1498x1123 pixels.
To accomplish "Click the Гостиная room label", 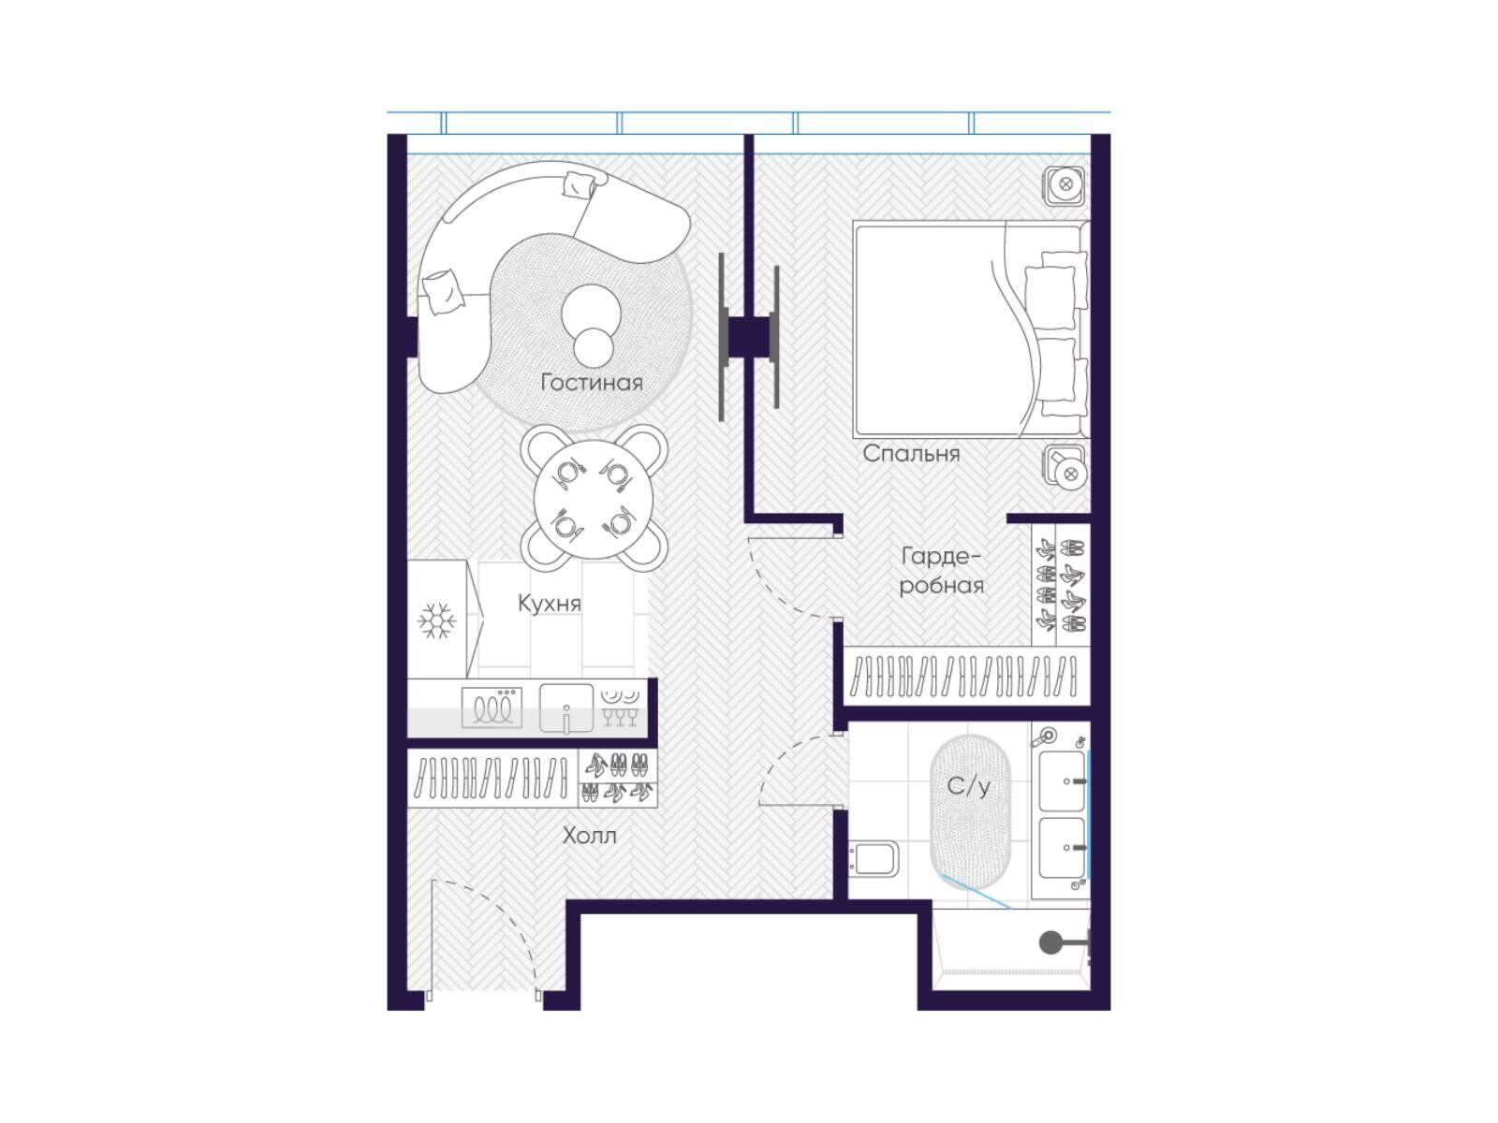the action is (591, 382).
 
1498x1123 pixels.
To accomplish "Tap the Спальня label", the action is (910, 454).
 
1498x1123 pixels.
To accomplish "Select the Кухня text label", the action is (549, 604).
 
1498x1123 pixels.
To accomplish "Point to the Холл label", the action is (589, 836).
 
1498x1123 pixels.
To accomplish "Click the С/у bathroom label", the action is (968, 786).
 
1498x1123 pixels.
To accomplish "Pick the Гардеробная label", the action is (941, 571).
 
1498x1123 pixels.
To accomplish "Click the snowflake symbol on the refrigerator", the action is (437, 620).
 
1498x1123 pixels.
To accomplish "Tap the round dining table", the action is (593, 499).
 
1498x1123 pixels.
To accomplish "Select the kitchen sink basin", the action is (565, 707).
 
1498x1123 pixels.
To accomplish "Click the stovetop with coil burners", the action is (492, 707).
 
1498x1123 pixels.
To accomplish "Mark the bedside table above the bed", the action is (1064, 184).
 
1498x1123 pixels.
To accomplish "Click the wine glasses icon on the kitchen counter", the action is (621, 717).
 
